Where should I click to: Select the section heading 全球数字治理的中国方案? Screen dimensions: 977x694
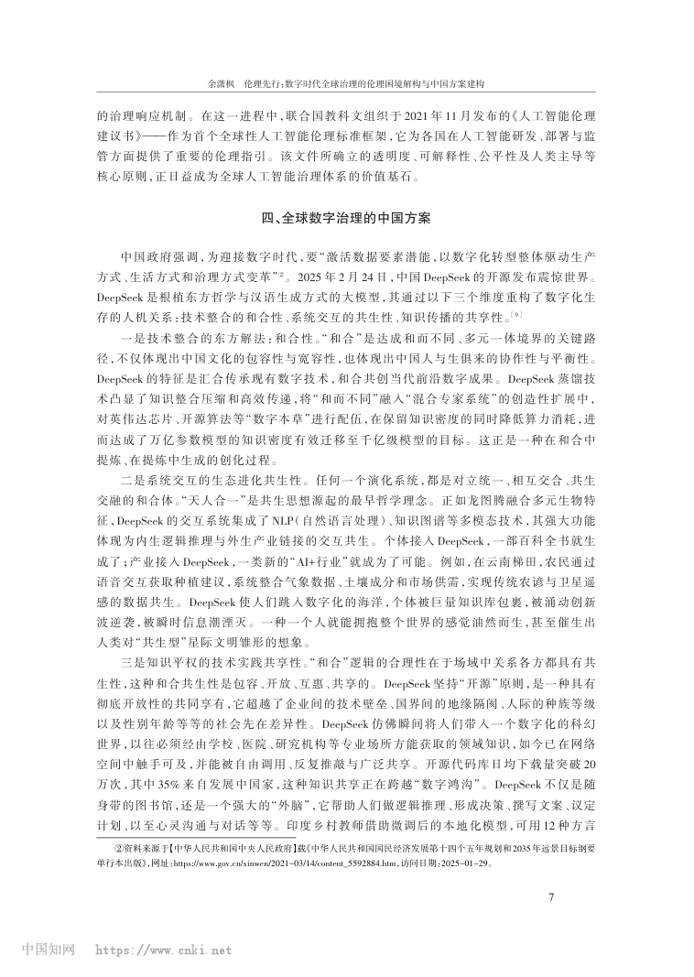pos(358,219)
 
